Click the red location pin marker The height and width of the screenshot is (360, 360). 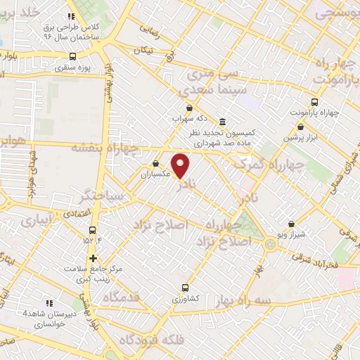[x=181, y=165]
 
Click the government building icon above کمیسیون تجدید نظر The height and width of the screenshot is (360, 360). [x=222, y=121]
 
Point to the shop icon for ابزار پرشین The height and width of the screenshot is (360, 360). [x=301, y=127]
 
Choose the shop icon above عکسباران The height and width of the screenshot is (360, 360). [x=155, y=164]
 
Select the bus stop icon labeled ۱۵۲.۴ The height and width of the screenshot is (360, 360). [x=93, y=230]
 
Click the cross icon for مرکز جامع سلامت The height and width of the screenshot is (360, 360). [x=93, y=257]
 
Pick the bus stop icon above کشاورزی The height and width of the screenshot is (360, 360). [x=185, y=287]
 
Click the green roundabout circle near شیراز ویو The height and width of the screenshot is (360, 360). [x=270, y=244]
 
